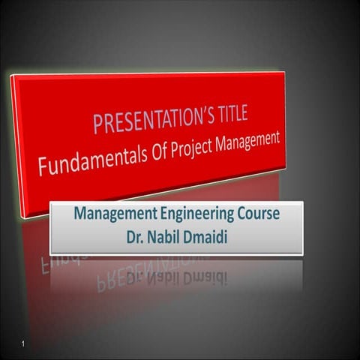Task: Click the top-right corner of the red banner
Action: [285, 72]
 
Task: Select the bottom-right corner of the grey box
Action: [302, 253]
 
